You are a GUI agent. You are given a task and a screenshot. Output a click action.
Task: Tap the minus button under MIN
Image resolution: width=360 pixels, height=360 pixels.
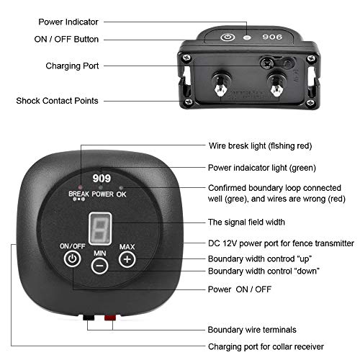coord(100,265)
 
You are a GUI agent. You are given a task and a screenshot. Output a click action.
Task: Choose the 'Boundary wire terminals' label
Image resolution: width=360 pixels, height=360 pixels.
coord(252,329)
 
